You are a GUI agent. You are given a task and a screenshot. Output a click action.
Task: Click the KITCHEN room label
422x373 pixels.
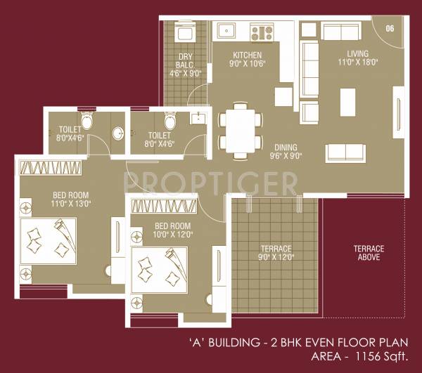(x=247, y=55)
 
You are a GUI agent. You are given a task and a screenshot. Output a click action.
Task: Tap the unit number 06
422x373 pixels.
(x=390, y=28)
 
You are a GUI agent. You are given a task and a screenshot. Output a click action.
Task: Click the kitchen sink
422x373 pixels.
(x=226, y=31)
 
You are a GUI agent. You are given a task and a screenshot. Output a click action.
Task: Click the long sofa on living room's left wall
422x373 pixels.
(x=310, y=70)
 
